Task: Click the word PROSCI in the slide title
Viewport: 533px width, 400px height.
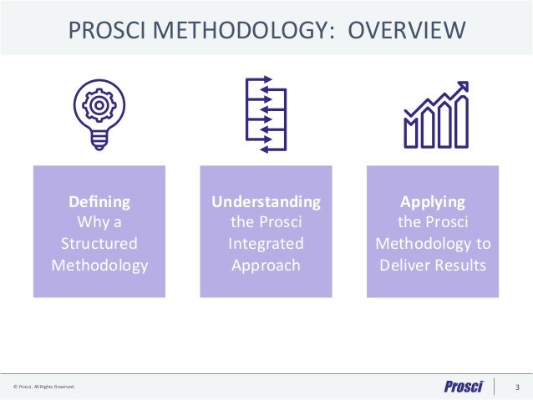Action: point(108,31)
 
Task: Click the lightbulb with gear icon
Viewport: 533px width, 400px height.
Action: point(99,114)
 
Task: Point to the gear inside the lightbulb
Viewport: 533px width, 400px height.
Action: point(99,105)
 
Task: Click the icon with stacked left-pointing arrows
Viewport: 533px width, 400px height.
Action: point(266,114)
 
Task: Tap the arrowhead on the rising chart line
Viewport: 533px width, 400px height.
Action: point(462,87)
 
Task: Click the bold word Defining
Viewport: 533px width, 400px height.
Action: point(99,201)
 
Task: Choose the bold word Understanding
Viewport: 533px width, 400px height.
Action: point(266,201)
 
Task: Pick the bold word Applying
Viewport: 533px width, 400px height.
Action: point(433,201)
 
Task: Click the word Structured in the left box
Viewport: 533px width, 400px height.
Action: point(99,245)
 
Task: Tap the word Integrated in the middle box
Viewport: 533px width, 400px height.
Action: point(266,245)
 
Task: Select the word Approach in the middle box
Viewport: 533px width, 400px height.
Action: point(266,266)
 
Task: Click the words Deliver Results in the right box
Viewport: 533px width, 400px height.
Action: point(433,266)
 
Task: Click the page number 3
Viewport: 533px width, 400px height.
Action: point(517,387)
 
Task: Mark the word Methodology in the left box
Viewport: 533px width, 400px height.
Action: point(99,266)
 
